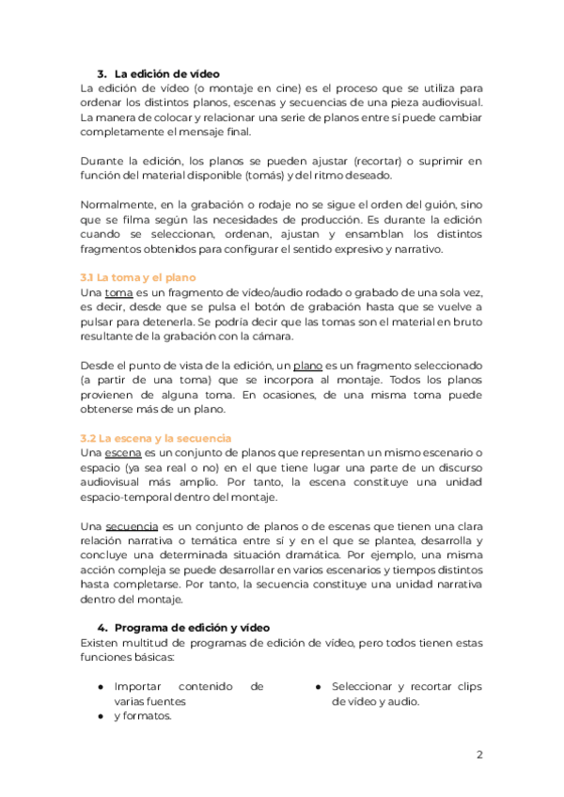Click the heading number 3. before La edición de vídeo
pyautogui.click(x=102, y=73)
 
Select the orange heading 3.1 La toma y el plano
pyautogui.click(x=140, y=278)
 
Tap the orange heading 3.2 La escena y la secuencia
pyautogui.click(x=156, y=438)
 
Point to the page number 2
pyautogui.click(x=479, y=755)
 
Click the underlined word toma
pyautogui.click(x=118, y=293)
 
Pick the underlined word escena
pyautogui.click(x=123, y=453)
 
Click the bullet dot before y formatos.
pyautogui.click(x=101, y=716)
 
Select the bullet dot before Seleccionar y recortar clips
pyautogui.click(x=319, y=687)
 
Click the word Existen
pyautogui.click(x=102, y=642)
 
